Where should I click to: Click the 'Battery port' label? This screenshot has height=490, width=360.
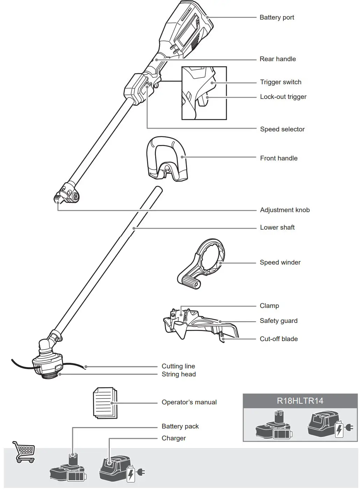pos(276,17)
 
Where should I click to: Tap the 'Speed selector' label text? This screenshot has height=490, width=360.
pos(282,129)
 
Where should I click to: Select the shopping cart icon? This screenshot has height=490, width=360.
pos(23,452)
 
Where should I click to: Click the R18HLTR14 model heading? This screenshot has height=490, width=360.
pos(300,401)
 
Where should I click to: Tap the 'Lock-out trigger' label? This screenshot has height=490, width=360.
pos(283,97)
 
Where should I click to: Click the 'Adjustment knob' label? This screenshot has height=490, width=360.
pos(285,210)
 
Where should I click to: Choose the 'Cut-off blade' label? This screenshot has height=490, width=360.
pos(279,339)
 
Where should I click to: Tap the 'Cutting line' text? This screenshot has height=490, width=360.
pos(178,366)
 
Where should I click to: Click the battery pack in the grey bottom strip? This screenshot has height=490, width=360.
pos(68,470)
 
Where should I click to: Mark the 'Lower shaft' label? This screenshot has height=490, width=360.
pos(277,228)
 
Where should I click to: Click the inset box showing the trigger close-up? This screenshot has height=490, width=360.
pos(204,93)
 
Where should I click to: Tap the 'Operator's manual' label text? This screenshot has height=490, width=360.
pos(189,402)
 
